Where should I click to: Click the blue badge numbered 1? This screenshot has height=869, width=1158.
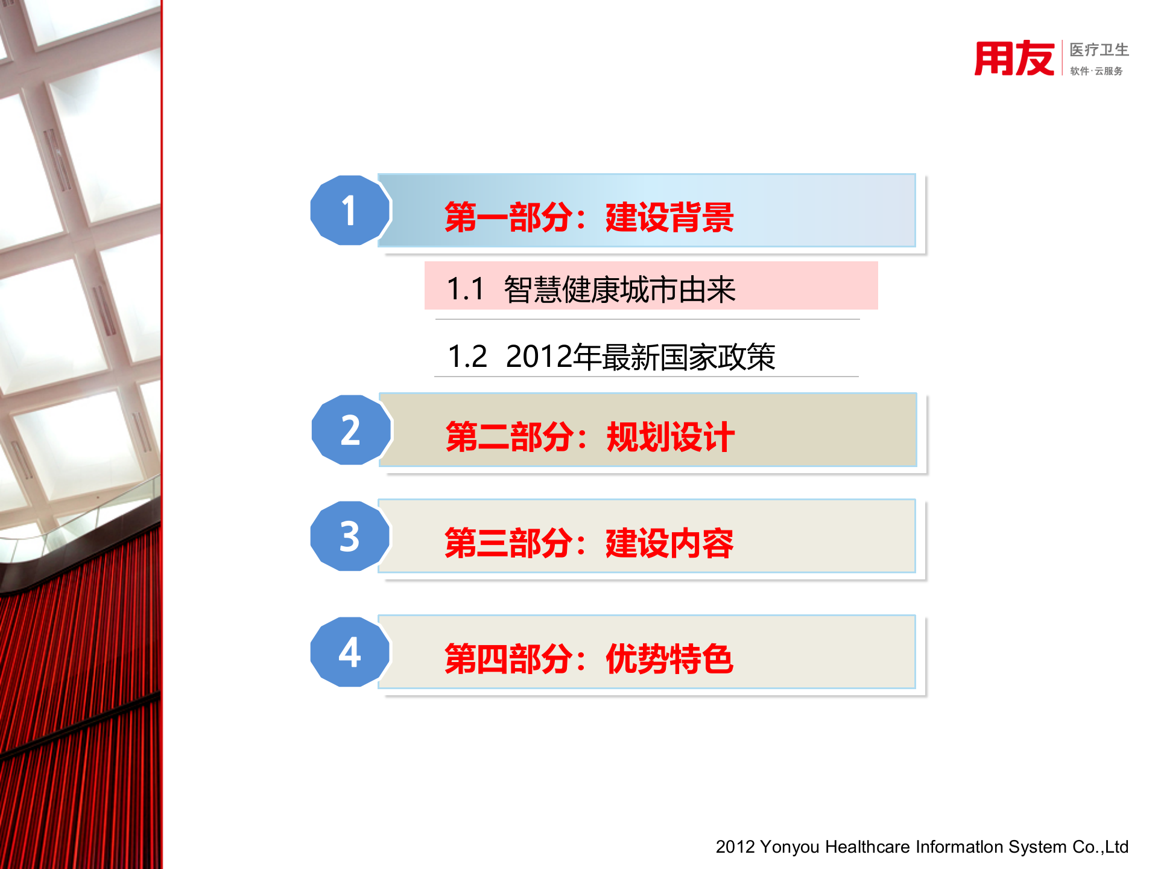(350, 211)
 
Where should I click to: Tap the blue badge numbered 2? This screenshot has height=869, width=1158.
(351, 430)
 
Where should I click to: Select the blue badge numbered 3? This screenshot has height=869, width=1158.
(350, 536)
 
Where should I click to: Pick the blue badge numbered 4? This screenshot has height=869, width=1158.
(350, 652)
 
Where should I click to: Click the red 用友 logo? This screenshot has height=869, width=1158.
(1014, 59)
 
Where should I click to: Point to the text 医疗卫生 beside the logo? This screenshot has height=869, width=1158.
(1099, 49)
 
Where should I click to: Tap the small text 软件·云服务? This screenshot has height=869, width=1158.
(1096, 71)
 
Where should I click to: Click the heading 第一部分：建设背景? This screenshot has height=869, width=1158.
(589, 217)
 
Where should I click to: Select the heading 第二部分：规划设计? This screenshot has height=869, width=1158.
(590, 437)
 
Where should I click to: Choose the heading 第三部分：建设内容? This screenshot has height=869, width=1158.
(589, 543)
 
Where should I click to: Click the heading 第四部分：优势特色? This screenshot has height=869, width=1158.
(589, 659)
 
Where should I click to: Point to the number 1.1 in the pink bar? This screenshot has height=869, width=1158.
(466, 289)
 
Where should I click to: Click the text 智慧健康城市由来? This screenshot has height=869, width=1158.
(619, 290)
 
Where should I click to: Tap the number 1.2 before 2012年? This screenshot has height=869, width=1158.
(467, 357)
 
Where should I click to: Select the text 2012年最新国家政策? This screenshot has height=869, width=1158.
(640, 357)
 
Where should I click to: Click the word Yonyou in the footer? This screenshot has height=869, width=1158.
(789, 847)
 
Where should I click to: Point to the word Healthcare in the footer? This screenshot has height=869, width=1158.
(867, 847)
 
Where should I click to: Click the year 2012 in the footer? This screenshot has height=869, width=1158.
(735, 847)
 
